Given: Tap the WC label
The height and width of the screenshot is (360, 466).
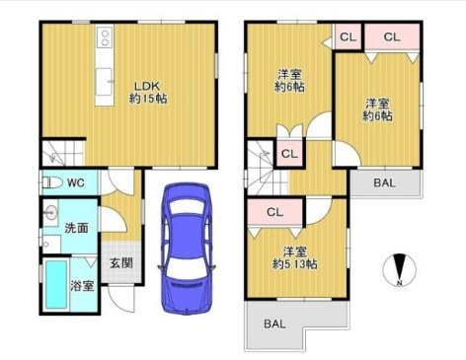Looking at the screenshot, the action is click(x=76, y=182).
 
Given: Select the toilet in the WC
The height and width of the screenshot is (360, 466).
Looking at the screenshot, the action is click(x=52, y=182).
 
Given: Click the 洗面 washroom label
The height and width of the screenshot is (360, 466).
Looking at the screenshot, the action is click(x=76, y=228).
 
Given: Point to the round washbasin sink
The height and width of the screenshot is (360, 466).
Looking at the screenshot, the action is click(x=50, y=213).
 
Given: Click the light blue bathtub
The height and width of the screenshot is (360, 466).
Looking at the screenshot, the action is click(x=56, y=284).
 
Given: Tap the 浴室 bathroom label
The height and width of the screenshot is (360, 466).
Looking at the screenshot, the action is click(x=82, y=285).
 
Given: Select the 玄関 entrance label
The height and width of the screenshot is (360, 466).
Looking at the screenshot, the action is click(x=121, y=263).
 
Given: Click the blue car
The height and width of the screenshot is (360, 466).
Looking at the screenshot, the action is click(x=187, y=249).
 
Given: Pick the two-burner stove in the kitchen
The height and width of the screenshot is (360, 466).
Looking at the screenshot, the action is click(x=105, y=37).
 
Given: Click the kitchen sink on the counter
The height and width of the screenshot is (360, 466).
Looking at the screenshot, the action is click(x=104, y=82).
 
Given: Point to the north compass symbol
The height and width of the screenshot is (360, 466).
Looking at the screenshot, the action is click(x=400, y=270).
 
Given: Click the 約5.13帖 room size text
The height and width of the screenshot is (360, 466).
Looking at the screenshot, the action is click(x=294, y=264).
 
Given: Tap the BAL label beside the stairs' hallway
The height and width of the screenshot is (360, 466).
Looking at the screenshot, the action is click(x=384, y=182).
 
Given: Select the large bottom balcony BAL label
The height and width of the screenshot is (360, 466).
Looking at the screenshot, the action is click(x=274, y=324).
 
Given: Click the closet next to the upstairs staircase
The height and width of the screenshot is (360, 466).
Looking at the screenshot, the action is click(x=289, y=154).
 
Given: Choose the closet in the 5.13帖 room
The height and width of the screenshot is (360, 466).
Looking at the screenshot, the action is click(x=274, y=212).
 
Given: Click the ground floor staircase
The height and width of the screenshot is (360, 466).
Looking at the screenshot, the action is click(x=63, y=153).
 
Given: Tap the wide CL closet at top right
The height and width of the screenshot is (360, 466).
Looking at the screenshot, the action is click(x=392, y=36).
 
